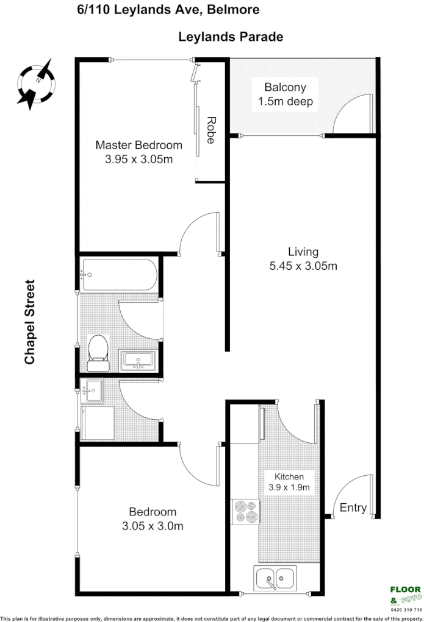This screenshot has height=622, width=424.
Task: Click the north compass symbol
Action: point(36,84)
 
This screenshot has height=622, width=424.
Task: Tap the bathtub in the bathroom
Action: point(119,275)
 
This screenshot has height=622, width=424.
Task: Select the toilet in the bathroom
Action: point(98,353)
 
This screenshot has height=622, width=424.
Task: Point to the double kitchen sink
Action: point(275,577)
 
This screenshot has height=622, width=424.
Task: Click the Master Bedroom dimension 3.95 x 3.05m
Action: point(138,160)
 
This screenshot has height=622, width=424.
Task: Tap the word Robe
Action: point(211,130)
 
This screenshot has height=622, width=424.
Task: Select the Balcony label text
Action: point(286,87)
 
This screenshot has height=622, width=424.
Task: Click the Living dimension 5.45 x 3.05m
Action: point(303,266)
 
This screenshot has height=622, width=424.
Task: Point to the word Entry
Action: point(353,508)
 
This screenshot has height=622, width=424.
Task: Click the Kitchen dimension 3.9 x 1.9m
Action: point(289,487)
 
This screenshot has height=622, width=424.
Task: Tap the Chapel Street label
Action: point(30,322)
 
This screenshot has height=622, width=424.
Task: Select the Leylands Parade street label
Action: point(231,37)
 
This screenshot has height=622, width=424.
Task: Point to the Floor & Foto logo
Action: point(405,594)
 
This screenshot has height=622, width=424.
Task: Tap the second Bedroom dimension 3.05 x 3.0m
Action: point(152,525)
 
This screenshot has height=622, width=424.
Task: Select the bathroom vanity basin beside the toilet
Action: point(138,360)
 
